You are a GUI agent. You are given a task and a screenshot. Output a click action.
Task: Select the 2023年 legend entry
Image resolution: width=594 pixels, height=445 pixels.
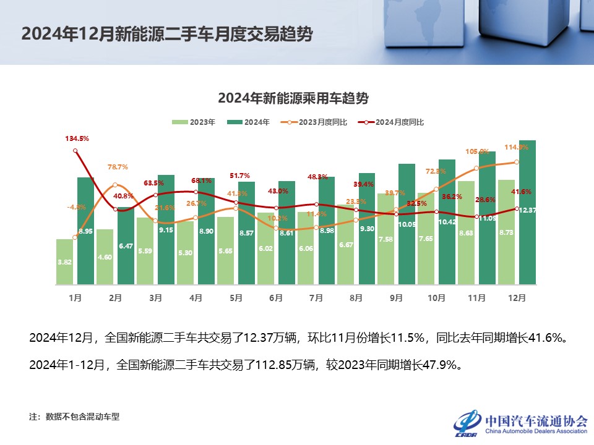[x=194, y=122]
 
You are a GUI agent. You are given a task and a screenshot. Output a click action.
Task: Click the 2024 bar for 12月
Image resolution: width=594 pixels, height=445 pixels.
[x=527, y=213]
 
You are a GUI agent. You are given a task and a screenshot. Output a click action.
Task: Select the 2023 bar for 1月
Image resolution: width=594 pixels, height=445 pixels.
[x=65, y=262]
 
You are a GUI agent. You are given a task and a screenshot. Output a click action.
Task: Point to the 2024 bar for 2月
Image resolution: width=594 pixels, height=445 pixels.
[x=126, y=246]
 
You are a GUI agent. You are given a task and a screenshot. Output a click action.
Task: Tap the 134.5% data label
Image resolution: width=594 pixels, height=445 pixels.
[x=77, y=139]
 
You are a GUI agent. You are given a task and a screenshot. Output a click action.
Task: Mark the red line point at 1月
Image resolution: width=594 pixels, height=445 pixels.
[x=75, y=151]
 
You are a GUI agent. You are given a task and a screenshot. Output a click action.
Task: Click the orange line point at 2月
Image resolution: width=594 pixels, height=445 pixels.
[x=116, y=185]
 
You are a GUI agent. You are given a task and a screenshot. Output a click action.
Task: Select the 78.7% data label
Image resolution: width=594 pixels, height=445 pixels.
[x=118, y=167]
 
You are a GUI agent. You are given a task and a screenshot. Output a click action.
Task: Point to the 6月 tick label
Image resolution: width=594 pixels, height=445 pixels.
[x=276, y=297]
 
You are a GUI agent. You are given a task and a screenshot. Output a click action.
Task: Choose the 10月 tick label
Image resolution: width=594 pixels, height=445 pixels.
[x=436, y=297]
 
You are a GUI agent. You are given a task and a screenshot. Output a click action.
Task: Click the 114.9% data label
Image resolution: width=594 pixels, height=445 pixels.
[x=515, y=147]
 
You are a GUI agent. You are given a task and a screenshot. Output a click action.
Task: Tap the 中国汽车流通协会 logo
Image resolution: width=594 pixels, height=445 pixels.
[x=520, y=422]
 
